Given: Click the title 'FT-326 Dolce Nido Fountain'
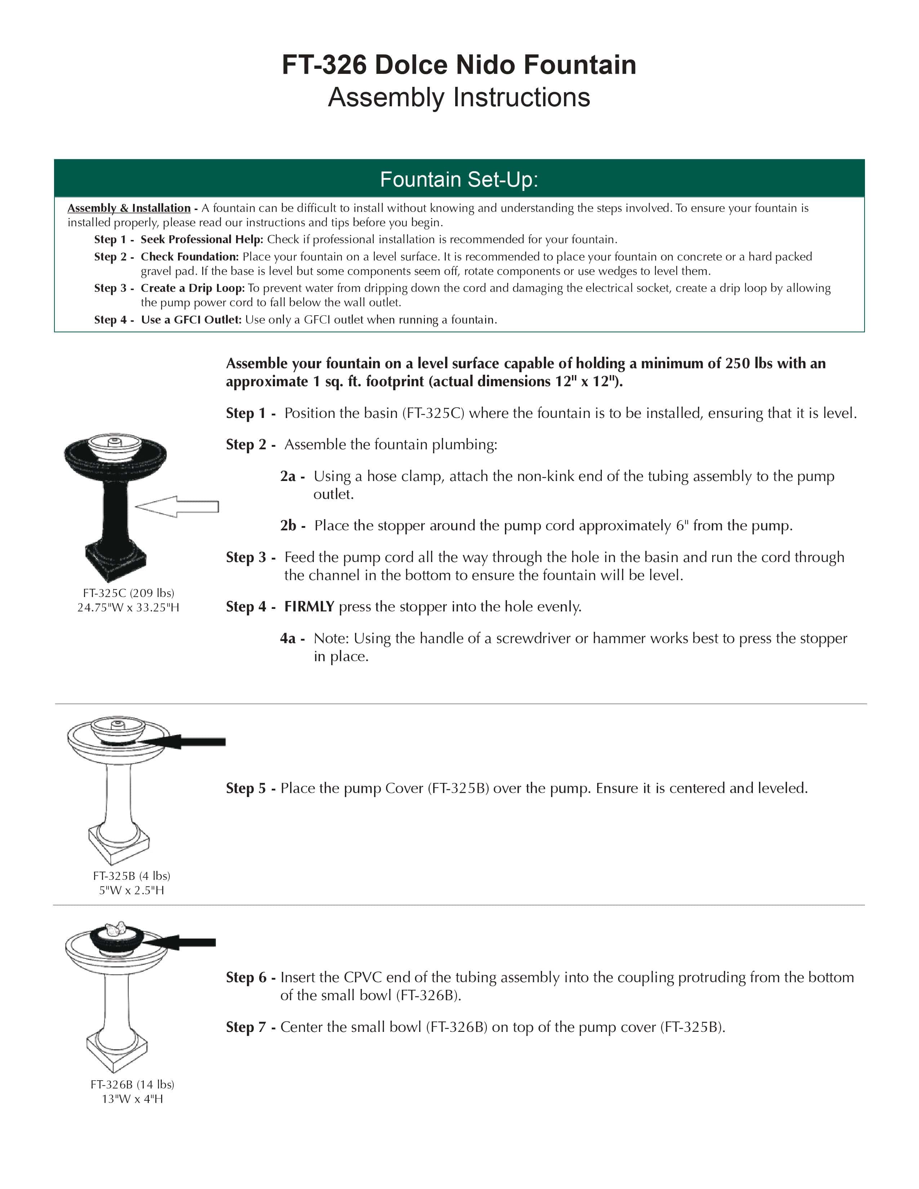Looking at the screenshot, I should pyautogui.click(x=459, y=65).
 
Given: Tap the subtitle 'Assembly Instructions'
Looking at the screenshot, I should pyautogui.click(x=459, y=97).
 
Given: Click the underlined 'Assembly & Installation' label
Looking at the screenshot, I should pyautogui.click(x=129, y=208).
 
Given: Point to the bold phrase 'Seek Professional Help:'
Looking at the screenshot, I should pyautogui.click(x=202, y=240).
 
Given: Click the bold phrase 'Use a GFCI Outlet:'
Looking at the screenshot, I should pyautogui.click(x=191, y=320).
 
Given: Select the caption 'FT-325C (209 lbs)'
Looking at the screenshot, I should pyautogui.click(x=129, y=593).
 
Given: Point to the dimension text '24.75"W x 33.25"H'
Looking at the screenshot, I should pyautogui.click(x=129, y=607).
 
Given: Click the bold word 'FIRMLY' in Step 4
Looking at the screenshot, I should pyautogui.click(x=309, y=606).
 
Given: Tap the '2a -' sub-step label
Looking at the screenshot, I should pyautogui.click(x=292, y=476).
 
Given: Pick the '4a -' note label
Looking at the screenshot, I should pyautogui.click(x=292, y=638).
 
